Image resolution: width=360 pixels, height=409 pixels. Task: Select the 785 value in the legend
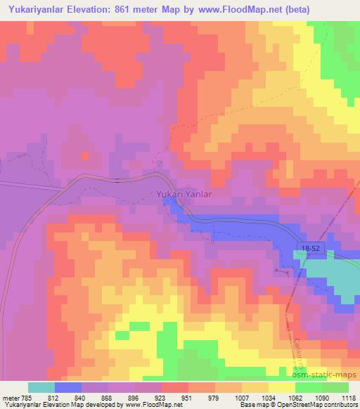click(27, 397)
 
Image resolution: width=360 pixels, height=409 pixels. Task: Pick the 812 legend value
click(56, 397)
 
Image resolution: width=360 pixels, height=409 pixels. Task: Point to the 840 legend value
click(82, 397)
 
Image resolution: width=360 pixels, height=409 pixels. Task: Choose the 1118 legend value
click(347, 397)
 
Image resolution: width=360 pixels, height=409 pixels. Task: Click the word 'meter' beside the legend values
click(10, 397)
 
